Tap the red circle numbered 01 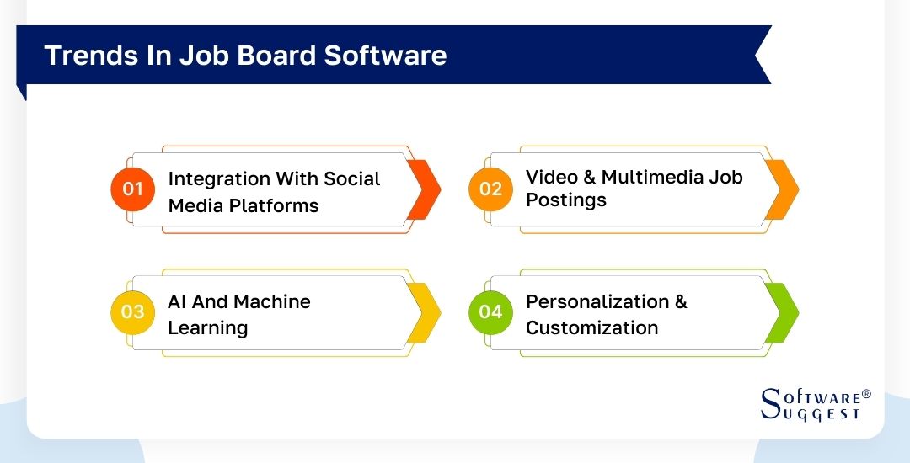tap(133, 189)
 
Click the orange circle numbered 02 tap(490, 189)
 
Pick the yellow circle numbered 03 tap(133, 311)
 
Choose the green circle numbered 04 tap(490, 311)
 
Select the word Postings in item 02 tap(566, 200)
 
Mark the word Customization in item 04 tap(591, 327)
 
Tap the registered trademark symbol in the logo tap(866, 394)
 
